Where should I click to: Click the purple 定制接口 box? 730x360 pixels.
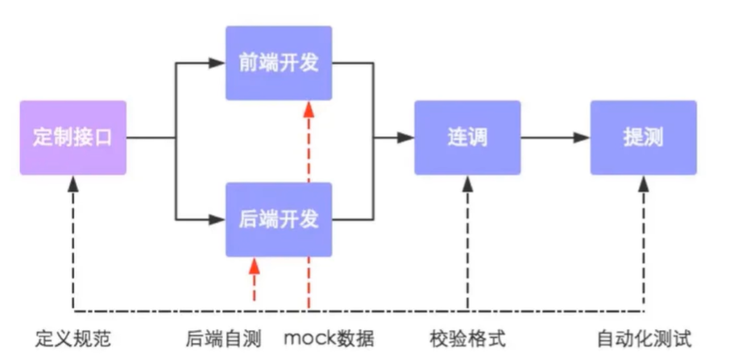73,138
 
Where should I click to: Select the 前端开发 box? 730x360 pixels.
279,63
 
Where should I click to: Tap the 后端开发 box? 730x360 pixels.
279,218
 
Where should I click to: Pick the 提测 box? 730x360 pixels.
643,138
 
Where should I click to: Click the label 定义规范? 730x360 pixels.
73,338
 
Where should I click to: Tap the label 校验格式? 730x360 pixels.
467,338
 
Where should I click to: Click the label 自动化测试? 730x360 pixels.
644,338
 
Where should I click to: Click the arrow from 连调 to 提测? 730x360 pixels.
555,138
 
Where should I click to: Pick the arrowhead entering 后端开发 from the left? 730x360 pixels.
218,218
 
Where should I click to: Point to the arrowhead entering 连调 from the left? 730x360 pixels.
407,138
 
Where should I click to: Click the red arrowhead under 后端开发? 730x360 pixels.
255,264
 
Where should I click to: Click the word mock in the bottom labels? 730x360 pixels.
309,338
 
